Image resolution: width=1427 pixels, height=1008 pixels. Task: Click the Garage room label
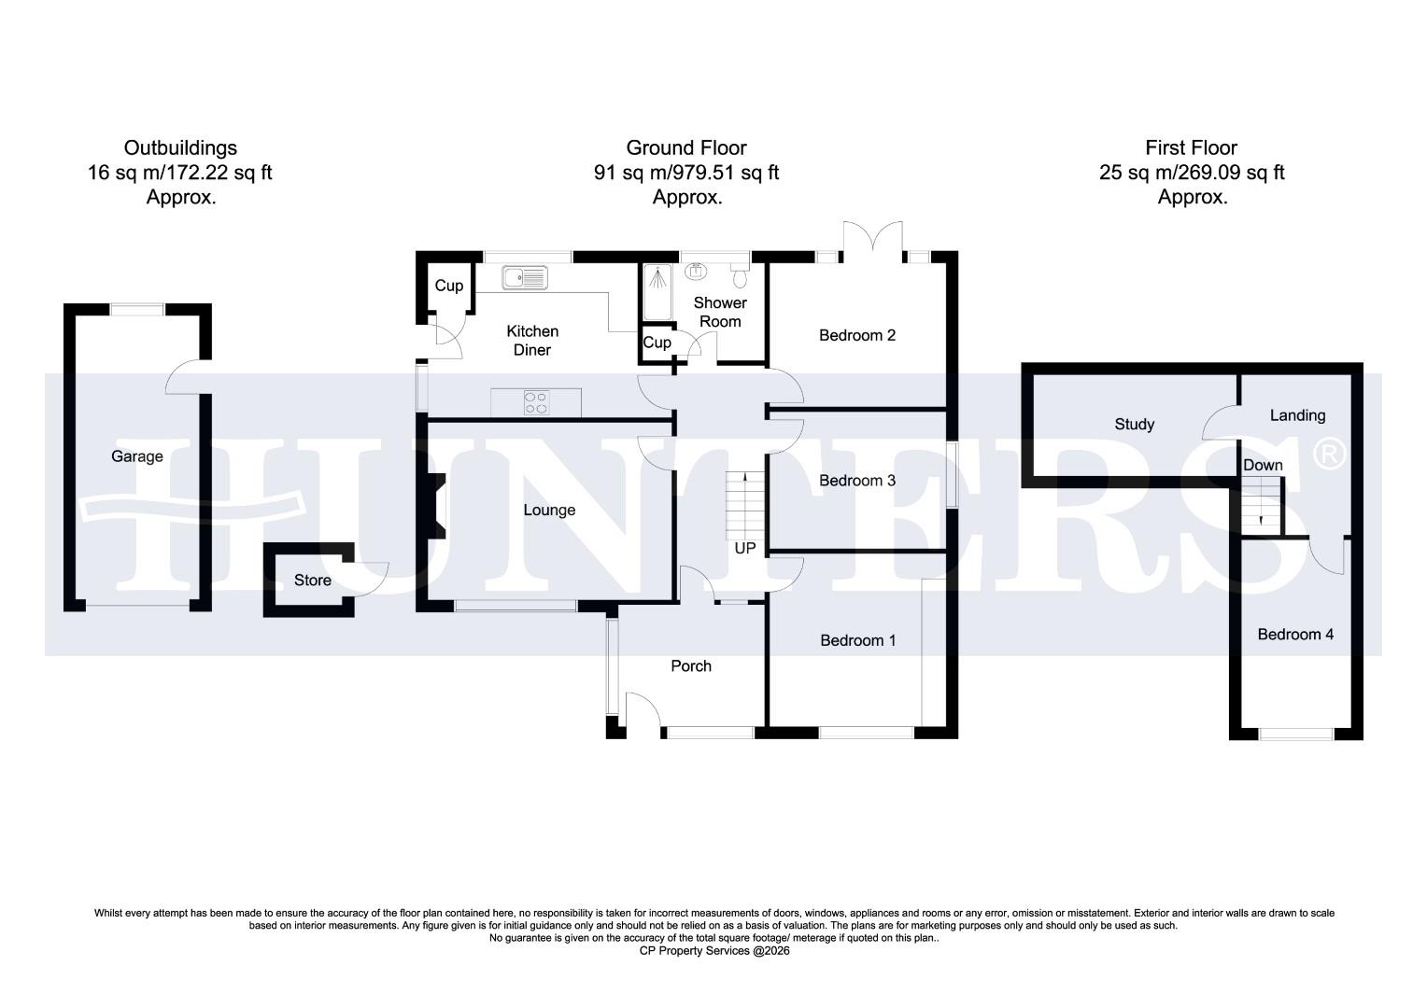(137, 456)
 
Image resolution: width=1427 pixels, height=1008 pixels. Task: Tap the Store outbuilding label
(312, 581)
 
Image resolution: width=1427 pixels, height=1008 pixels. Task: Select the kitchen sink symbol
(525, 277)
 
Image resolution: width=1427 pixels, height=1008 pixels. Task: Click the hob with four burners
(537, 401)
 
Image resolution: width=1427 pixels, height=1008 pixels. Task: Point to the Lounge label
(549, 511)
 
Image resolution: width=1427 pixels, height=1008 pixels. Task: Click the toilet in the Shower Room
(740, 277)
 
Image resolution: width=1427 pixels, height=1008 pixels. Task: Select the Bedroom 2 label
(856, 335)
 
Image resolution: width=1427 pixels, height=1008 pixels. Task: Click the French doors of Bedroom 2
(873, 238)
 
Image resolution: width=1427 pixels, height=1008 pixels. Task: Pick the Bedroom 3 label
(856, 481)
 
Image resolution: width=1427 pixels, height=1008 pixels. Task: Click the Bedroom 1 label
(857, 640)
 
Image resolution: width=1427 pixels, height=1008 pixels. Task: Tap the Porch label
(691, 665)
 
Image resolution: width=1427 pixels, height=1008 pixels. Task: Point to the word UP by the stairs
(744, 549)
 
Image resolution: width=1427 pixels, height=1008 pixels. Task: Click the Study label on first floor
(1134, 425)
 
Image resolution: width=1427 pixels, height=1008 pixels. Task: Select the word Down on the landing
(1263, 465)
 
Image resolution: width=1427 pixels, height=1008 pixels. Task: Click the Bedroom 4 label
(1294, 635)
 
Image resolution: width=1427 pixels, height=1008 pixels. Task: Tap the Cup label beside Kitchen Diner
(448, 286)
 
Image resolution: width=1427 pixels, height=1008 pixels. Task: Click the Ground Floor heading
(685, 147)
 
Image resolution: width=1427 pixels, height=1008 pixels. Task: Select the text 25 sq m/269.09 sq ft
(1192, 173)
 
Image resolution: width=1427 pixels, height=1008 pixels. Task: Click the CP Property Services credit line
(713, 951)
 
